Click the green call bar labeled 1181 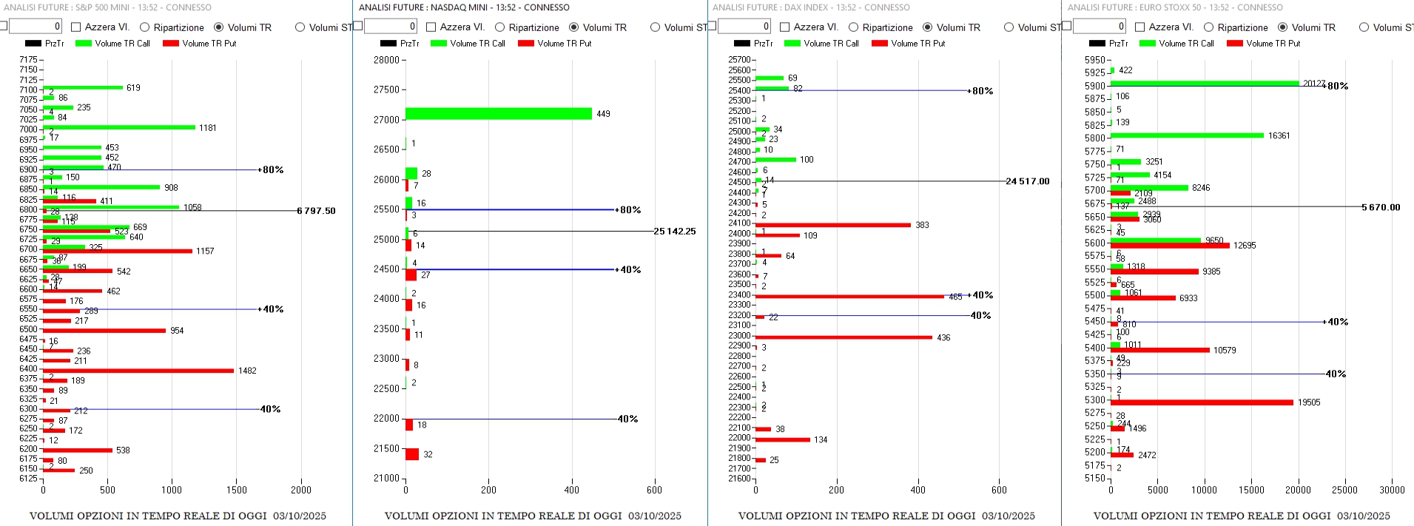point(118,127)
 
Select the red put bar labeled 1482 point(138,371)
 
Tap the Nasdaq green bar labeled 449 point(498,114)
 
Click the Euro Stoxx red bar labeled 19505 point(1201,402)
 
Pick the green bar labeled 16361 point(1186,135)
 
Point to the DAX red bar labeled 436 point(843,337)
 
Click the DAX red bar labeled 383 point(832,225)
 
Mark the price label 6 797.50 point(316,211)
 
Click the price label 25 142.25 point(674,232)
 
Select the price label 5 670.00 point(1381,207)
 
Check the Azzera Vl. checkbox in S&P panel point(75,27)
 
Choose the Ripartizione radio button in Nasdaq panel point(500,27)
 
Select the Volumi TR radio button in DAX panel point(927,27)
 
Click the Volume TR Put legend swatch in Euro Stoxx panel point(1234,44)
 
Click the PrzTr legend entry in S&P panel point(44,44)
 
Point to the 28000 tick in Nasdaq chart point(386,60)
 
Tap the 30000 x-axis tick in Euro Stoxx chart point(1391,490)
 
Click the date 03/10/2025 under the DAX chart point(1009,516)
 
